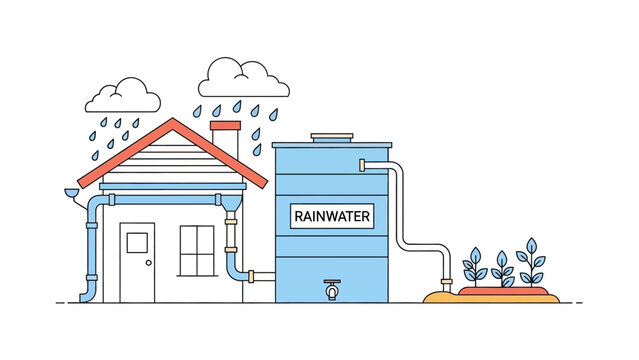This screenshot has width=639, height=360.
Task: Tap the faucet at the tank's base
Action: pos(331,291)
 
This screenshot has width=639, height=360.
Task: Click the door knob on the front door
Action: pos(148,263)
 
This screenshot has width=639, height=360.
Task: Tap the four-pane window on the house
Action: pos(197,250)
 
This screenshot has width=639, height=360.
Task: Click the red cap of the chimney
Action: pos(226,126)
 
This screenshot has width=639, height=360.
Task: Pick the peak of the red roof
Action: pos(173,122)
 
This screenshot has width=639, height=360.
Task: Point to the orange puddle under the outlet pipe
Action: pos(440,297)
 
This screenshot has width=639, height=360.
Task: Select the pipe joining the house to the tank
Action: pos(260,273)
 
